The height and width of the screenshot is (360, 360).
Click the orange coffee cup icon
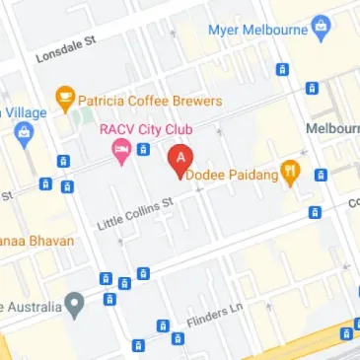pyautogui.click(x=65, y=99)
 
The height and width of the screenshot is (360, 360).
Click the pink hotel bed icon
pyautogui.click(x=121, y=153)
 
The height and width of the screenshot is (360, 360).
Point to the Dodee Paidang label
pyautogui.click(x=233, y=174)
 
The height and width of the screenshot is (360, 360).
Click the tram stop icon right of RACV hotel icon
pyautogui.click(x=143, y=150)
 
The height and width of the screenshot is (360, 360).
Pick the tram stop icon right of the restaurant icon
pyautogui.click(x=321, y=176)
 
